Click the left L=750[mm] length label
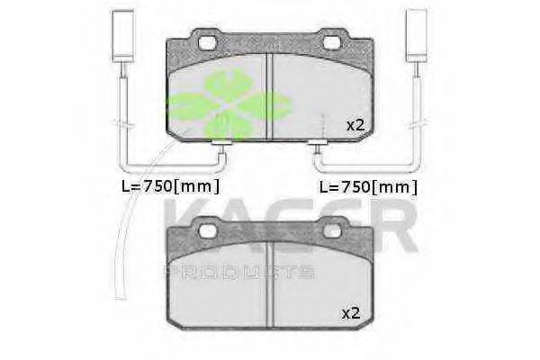170,186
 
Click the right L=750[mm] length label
368,187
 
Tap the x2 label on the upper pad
355,125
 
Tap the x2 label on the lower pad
351,313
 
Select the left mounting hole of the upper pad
208,42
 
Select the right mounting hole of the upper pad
331,42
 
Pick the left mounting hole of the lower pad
208,231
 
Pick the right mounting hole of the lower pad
331,231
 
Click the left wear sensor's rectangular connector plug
123,36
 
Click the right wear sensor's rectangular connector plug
417,36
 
